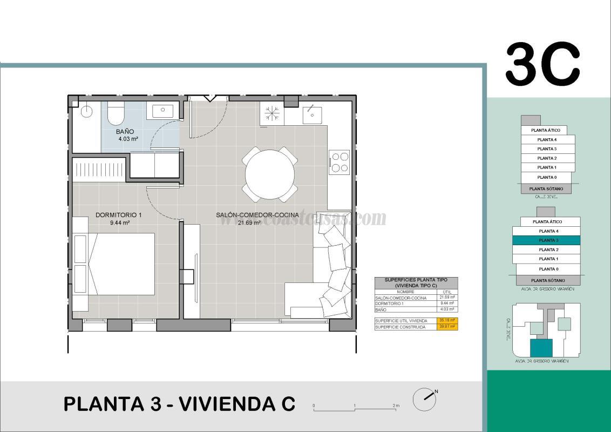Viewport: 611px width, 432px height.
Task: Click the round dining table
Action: click(271, 174)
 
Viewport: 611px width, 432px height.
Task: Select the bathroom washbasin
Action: click(162, 112)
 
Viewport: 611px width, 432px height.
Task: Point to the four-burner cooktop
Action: click(340, 162)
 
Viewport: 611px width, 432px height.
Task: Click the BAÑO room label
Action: click(125, 132)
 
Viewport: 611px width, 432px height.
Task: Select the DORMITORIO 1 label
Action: click(118, 215)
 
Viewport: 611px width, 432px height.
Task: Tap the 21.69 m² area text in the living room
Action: click(249, 222)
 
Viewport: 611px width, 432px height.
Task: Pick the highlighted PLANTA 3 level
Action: click(547, 240)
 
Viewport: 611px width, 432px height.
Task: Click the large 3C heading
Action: click(542, 65)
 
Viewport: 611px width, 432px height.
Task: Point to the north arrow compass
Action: click(425, 399)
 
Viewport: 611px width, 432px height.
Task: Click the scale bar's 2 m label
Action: click(396, 406)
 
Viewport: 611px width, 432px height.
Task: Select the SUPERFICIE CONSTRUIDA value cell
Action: click(447, 327)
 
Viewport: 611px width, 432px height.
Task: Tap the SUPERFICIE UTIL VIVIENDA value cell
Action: click(447, 321)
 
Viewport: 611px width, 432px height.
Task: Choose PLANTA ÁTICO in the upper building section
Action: click(545, 130)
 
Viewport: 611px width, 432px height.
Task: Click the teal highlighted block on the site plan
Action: click(541, 348)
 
